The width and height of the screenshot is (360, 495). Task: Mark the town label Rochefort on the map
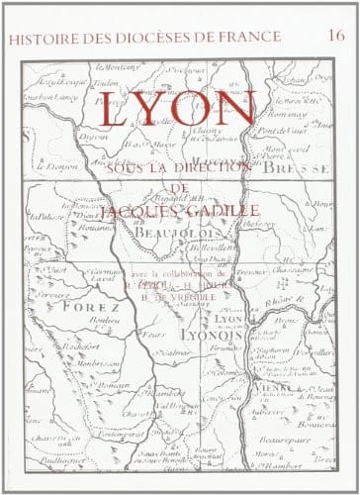coord(58,347)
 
